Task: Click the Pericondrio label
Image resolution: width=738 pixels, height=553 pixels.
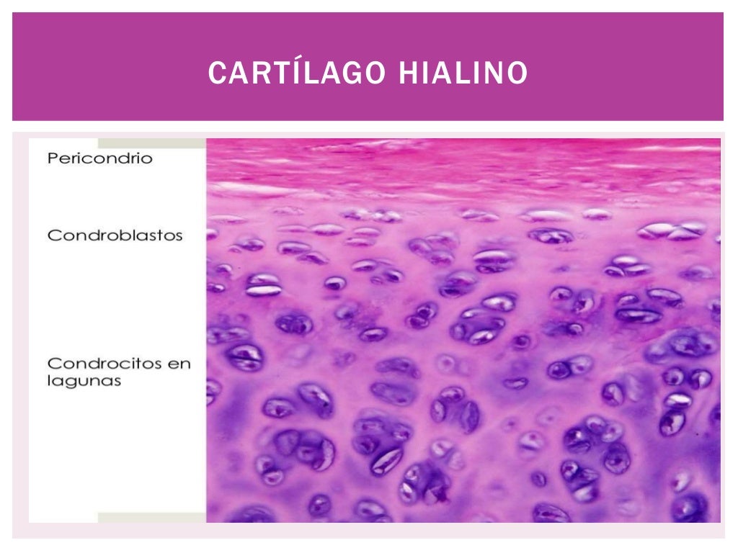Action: coord(100,158)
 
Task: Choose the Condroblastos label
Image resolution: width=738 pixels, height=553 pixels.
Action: coord(115,235)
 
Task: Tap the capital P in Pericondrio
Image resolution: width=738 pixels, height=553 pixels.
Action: coord(52,158)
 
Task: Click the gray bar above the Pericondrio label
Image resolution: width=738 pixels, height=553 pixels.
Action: coord(151,143)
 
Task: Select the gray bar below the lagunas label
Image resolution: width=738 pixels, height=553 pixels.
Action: coord(151,518)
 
